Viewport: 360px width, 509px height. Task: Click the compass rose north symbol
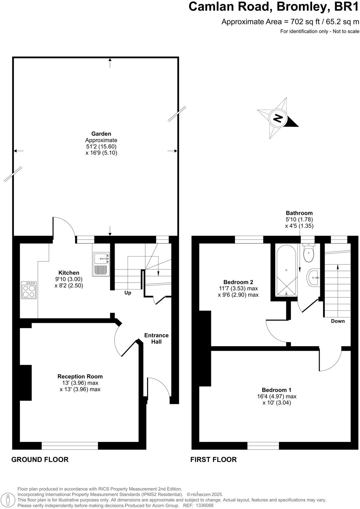click(278, 118)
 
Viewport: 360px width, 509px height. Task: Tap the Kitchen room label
click(69, 273)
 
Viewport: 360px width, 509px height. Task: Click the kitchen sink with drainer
click(101, 263)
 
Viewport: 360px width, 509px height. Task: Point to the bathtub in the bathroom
click(286, 270)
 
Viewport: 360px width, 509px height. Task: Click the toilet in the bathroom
click(309, 254)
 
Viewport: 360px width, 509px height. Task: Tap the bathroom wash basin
click(314, 277)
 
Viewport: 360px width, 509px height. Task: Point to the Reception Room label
click(80, 376)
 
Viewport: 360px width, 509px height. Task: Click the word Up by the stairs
click(128, 293)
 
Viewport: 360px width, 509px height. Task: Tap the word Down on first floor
click(338, 321)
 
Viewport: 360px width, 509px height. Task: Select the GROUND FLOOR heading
click(40, 459)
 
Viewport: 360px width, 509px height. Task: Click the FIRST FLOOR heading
click(213, 459)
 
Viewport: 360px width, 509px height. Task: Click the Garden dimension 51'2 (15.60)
click(101, 147)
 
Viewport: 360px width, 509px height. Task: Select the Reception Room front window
click(70, 445)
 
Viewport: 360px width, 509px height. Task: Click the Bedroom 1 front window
click(263, 445)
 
